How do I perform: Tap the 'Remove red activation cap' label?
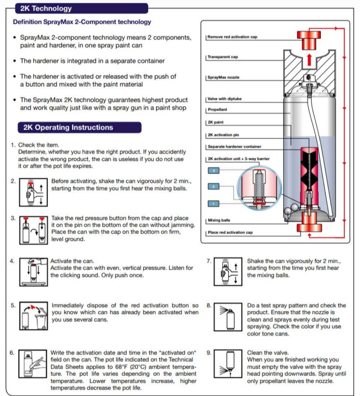[233, 37]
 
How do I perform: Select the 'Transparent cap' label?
[223, 57]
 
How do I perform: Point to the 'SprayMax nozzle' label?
[224, 77]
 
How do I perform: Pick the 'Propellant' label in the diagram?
[217, 110]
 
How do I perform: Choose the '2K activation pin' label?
[224, 135]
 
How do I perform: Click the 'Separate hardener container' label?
[234, 147]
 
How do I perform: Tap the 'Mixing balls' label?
[219, 220]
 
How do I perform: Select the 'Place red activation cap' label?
[230, 233]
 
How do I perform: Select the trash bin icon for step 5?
[41, 318]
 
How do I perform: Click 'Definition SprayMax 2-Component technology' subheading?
[82, 22]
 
